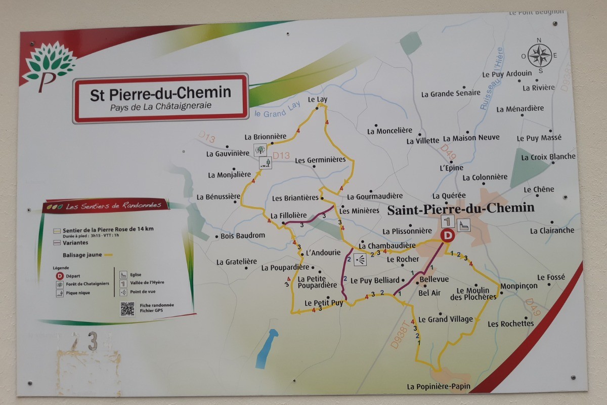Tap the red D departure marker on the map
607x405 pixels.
(x=447, y=235)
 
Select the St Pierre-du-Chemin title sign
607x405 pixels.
(x=161, y=98)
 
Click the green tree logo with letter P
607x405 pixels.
(x=49, y=66)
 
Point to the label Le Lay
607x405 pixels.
(x=318, y=99)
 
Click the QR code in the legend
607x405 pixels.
(x=127, y=308)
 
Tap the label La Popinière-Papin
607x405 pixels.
(x=438, y=387)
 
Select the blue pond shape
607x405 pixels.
(x=267, y=348)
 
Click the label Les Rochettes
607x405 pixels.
(x=510, y=323)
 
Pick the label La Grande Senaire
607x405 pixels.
(x=451, y=94)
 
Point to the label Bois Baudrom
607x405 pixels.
(x=243, y=235)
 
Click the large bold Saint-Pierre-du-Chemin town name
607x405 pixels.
(x=460, y=209)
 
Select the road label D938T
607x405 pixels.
(x=399, y=333)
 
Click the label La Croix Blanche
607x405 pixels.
(x=548, y=157)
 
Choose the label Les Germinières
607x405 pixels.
(x=320, y=160)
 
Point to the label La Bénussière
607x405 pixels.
(x=218, y=196)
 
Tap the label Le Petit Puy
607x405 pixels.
(x=324, y=303)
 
